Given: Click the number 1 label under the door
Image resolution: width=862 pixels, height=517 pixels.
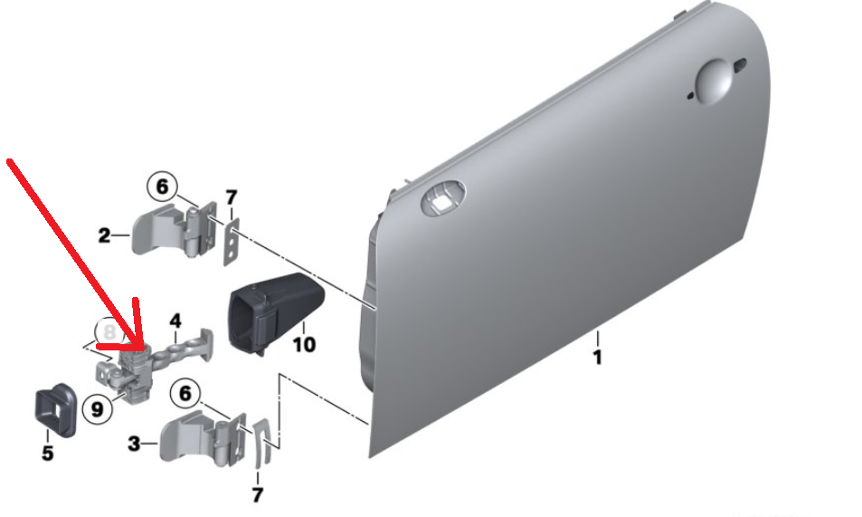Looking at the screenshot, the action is click(598, 358).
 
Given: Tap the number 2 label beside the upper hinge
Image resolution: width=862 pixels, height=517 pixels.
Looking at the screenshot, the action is click(104, 236).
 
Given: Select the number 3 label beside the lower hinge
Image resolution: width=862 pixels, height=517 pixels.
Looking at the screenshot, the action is click(134, 444).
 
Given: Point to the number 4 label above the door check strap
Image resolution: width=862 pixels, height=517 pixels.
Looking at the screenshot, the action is click(175, 321).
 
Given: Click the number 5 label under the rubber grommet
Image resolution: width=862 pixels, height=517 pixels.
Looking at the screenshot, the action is click(48, 453).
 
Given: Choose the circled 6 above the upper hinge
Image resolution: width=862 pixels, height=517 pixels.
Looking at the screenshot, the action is click(162, 187).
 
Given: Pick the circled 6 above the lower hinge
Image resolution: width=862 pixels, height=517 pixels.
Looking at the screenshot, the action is click(185, 394).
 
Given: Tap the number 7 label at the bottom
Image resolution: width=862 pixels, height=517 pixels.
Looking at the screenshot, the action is click(257, 495).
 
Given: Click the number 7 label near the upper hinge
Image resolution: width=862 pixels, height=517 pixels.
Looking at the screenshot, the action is click(232, 197).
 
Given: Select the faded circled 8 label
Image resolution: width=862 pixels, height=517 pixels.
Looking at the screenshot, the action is click(110, 331).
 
